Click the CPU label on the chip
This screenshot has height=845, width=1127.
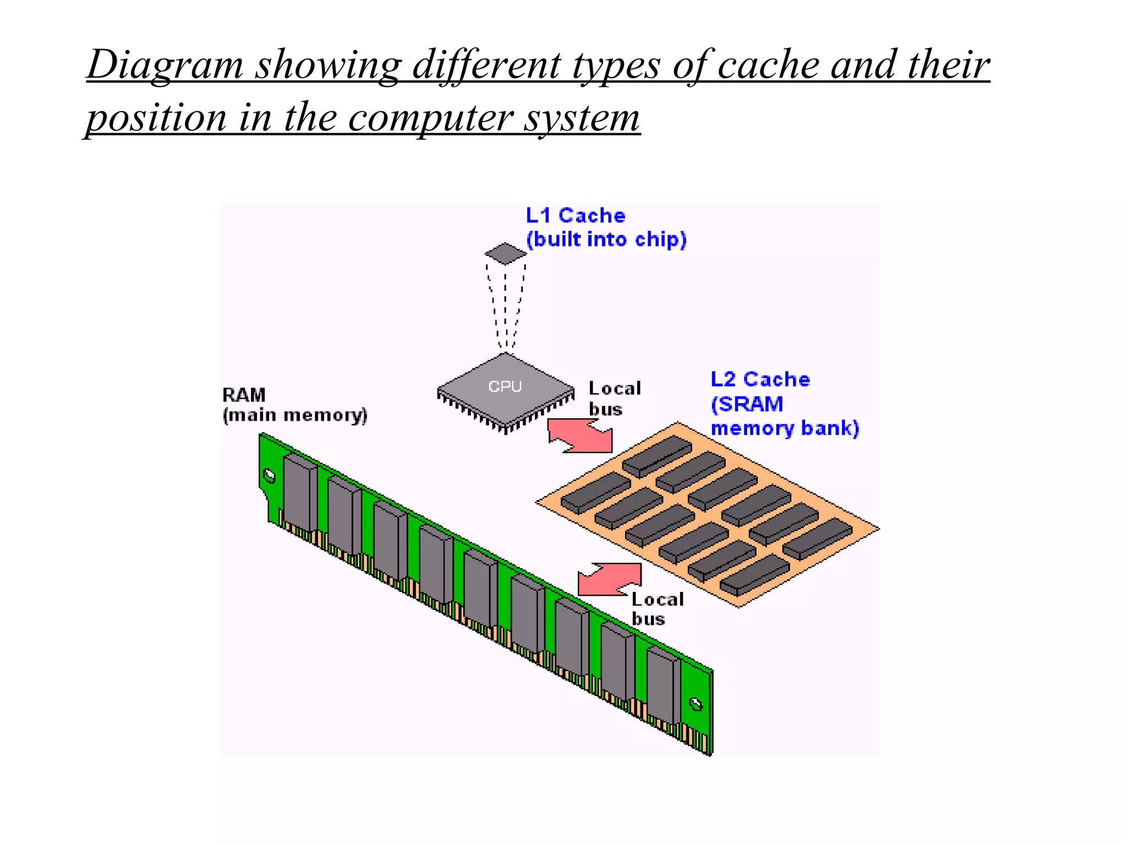505,387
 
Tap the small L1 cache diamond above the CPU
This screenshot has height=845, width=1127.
506,254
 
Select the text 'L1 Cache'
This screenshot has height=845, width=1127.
576,215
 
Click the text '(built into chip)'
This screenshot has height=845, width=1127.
606,240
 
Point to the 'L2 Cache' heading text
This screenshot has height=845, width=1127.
760,380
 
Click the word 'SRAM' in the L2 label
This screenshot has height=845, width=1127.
751,404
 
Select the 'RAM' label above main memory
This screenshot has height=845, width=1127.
244,395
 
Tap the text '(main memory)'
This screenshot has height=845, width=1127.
295,415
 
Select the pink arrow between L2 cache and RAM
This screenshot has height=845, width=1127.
610,580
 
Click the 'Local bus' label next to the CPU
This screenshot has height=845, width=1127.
614,398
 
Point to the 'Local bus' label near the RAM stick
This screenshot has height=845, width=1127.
656,609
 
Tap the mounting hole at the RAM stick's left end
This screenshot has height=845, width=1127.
270,475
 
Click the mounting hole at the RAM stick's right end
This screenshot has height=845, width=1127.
696,704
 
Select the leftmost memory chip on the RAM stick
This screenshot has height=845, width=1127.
300,493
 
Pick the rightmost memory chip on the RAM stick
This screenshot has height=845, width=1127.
663,686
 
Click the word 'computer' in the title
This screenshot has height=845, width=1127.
430,118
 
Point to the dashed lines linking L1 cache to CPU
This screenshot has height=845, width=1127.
506,308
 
